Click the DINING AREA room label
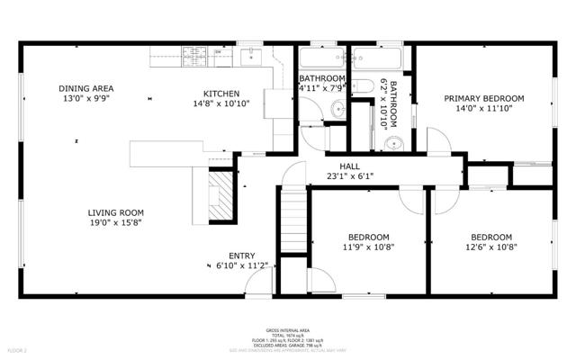(x=86, y=88)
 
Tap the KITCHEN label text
(x=220, y=94)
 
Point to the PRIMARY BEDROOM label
(x=484, y=99)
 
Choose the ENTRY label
(x=241, y=255)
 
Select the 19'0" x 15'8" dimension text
(x=115, y=223)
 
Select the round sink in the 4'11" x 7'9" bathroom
(x=336, y=110)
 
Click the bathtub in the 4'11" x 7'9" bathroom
(x=321, y=58)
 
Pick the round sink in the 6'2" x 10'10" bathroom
(x=392, y=144)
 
